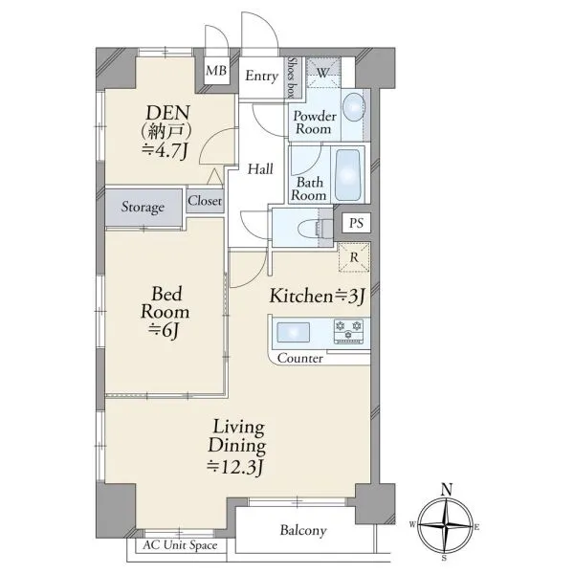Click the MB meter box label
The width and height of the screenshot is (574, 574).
(x=216, y=70)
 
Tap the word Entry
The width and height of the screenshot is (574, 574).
(x=262, y=77)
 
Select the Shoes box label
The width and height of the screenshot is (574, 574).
(x=292, y=77)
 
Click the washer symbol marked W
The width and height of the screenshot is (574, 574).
(x=323, y=73)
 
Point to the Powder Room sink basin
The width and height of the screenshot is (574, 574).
(x=354, y=107)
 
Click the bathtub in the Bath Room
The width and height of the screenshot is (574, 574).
(x=347, y=175)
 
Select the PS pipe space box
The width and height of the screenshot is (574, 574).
(x=356, y=223)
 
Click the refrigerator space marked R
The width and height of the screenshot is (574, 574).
(x=354, y=257)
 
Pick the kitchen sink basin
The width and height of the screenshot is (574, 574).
(x=294, y=332)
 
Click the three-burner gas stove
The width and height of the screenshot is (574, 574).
(x=348, y=331)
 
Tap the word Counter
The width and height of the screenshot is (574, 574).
(x=300, y=358)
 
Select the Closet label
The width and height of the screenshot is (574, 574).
(x=205, y=201)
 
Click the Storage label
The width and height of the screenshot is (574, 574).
(x=143, y=207)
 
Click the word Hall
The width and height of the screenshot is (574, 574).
(x=260, y=169)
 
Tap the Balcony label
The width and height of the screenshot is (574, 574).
(x=303, y=530)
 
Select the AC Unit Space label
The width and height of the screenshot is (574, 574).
(x=180, y=545)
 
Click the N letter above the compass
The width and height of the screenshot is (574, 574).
(x=447, y=490)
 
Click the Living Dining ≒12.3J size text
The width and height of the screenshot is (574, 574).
(x=235, y=467)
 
